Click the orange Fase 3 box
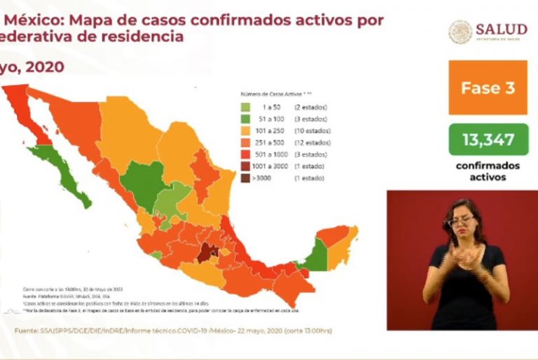[488, 88]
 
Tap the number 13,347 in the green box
[488, 139]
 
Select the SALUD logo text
[501, 29]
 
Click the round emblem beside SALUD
[460, 32]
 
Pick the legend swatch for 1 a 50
[246, 108]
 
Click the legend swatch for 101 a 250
[246, 131]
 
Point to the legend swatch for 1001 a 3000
[246, 166]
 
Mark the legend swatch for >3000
[246, 178]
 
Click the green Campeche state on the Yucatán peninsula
[316, 255]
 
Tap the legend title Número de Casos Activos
[275, 93]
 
